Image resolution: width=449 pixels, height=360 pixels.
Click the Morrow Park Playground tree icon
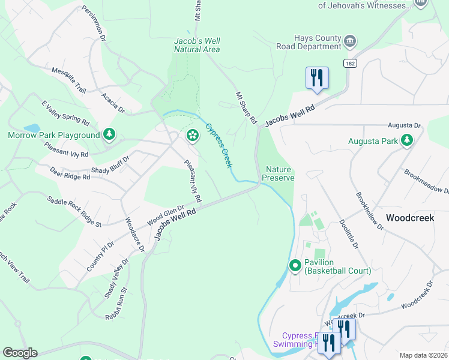[109, 134]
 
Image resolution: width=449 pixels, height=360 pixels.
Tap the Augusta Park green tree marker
[407, 140]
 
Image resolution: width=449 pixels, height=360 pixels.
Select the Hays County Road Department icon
[350, 41]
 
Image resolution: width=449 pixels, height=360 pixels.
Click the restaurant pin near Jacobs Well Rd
[317, 78]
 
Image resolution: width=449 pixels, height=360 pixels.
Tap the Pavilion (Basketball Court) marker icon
[295, 265]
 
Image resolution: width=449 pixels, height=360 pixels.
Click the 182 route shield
[351, 63]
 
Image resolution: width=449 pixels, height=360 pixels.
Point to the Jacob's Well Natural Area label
[196, 45]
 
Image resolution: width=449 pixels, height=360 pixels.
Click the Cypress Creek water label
[218, 145]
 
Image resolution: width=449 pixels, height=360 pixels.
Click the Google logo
[20, 353]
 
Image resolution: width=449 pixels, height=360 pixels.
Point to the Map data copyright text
[423, 355]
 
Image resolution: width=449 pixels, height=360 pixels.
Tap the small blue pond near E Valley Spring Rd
[32, 128]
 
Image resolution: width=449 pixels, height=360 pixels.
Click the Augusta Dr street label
[404, 125]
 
